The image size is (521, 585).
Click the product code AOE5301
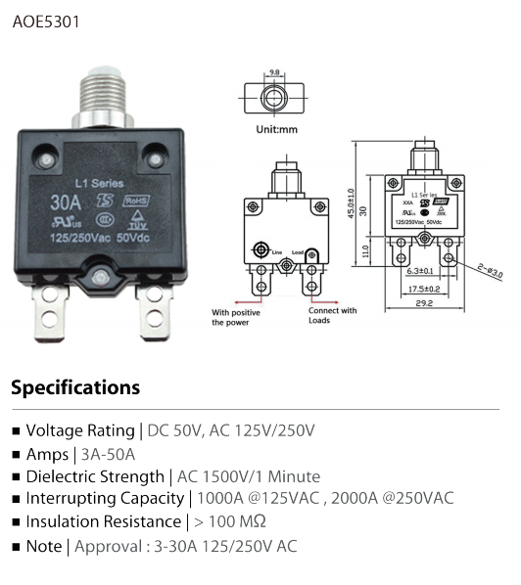[x=47, y=20]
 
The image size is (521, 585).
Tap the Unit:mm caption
[x=277, y=130]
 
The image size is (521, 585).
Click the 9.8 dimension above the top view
[x=274, y=72]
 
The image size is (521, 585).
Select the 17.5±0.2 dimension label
[x=423, y=290]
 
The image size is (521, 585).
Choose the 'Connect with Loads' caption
[x=333, y=315]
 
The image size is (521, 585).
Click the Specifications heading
[x=75, y=387]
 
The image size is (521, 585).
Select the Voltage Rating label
[x=80, y=430]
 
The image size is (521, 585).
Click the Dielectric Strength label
[x=95, y=476]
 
